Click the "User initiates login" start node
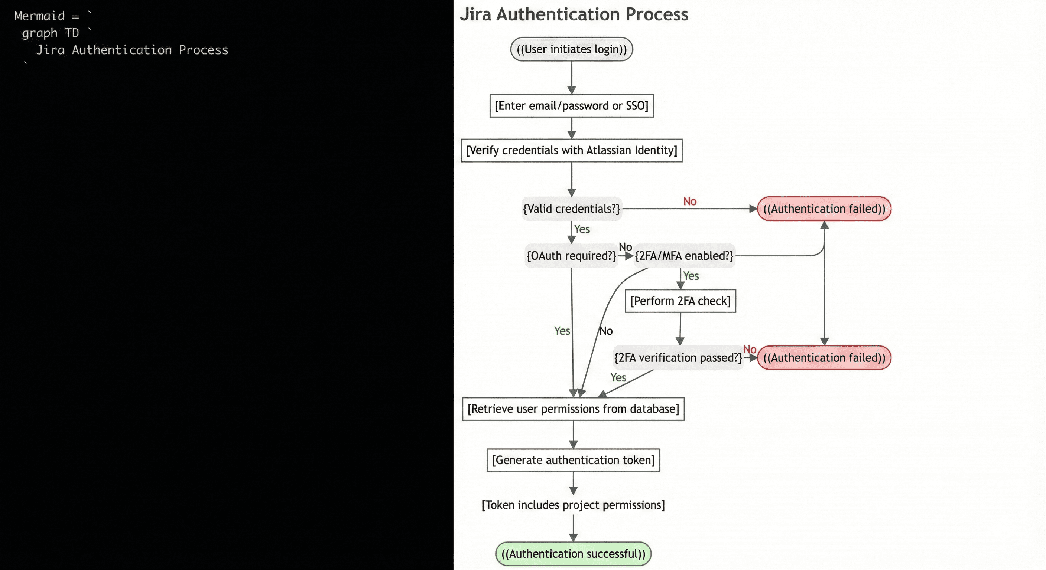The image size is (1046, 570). [x=571, y=49]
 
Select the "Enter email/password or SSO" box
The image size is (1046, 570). [x=571, y=106]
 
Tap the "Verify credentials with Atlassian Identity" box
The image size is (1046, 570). [x=571, y=151]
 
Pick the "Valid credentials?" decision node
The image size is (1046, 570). [x=571, y=209]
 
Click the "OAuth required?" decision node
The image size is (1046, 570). [x=571, y=256]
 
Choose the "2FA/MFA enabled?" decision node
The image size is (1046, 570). [x=684, y=256]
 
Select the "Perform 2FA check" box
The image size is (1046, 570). [x=680, y=301]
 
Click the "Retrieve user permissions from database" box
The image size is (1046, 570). [x=573, y=409]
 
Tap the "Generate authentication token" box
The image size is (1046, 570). [x=573, y=460]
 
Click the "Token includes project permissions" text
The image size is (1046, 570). [x=573, y=505]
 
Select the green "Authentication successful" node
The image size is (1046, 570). [x=573, y=554]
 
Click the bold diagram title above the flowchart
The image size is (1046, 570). [x=574, y=14]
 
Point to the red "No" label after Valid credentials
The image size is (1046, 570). [x=690, y=201]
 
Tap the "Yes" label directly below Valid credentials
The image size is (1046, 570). [x=582, y=229]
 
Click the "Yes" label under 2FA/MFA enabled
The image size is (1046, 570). [x=691, y=276]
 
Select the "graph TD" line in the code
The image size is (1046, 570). [x=51, y=33]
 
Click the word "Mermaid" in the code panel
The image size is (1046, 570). [x=39, y=16]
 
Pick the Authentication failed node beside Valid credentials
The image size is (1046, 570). [x=824, y=209]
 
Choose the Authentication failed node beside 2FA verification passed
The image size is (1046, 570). [x=824, y=358]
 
